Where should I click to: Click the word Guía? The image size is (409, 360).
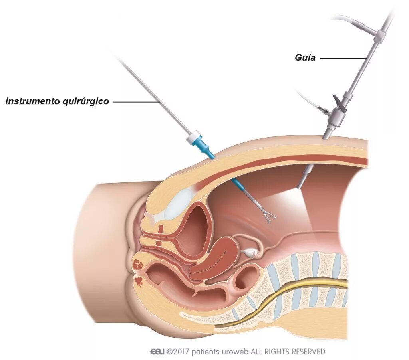point(305,58)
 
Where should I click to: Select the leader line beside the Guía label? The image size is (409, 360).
point(343,58)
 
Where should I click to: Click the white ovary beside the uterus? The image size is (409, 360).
point(251,252)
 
